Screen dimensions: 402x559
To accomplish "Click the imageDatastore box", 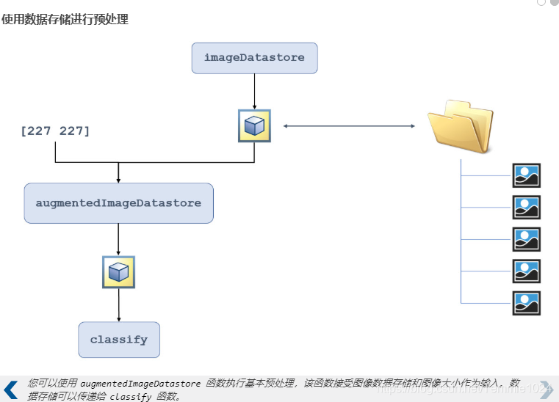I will pyautogui.click(x=254, y=58).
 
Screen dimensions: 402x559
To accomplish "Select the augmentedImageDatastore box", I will pyautogui.click(x=118, y=203).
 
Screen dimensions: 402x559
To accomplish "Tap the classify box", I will pyautogui.click(x=119, y=340).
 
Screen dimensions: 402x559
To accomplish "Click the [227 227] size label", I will pyautogui.click(x=55, y=131).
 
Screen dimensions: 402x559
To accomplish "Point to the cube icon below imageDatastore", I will pyautogui.click(x=254, y=125).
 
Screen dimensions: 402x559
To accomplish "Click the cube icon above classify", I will pyautogui.click(x=118, y=272).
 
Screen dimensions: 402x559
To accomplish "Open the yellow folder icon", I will pyautogui.click(x=461, y=127).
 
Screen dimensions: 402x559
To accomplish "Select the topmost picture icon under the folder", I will pyautogui.click(x=526, y=175).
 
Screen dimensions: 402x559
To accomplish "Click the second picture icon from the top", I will pyautogui.click(x=526, y=208).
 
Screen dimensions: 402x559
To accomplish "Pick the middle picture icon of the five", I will pyautogui.click(x=526, y=239).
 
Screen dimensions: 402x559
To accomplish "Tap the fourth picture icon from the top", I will pyautogui.click(x=526, y=271).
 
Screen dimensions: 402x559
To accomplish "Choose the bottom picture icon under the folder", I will pyautogui.click(x=526, y=303).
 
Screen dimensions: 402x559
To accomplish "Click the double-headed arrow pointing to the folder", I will pyautogui.click(x=349, y=126).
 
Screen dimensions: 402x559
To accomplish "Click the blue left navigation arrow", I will pyautogui.click(x=11, y=390).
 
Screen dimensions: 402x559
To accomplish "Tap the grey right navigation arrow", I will pyautogui.click(x=547, y=389).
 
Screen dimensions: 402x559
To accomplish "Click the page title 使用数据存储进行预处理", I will pyautogui.click(x=65, y=20).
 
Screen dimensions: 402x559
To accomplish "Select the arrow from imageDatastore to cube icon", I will pyautogui.click(x=254, y=91).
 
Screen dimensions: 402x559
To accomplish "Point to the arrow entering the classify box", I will pyautogui.click(x=118, y=304).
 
